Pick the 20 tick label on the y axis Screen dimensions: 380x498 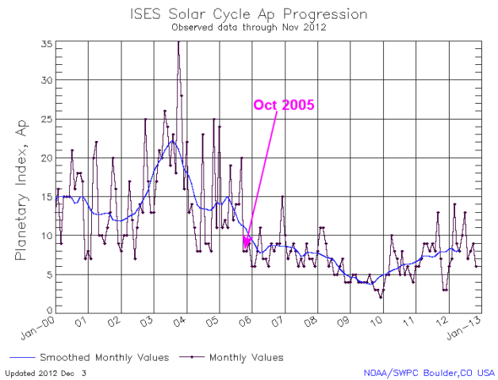click(46, 158)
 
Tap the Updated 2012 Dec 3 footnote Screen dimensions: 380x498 click(46, 372)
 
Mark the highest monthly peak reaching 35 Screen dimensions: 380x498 click(178, 43)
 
